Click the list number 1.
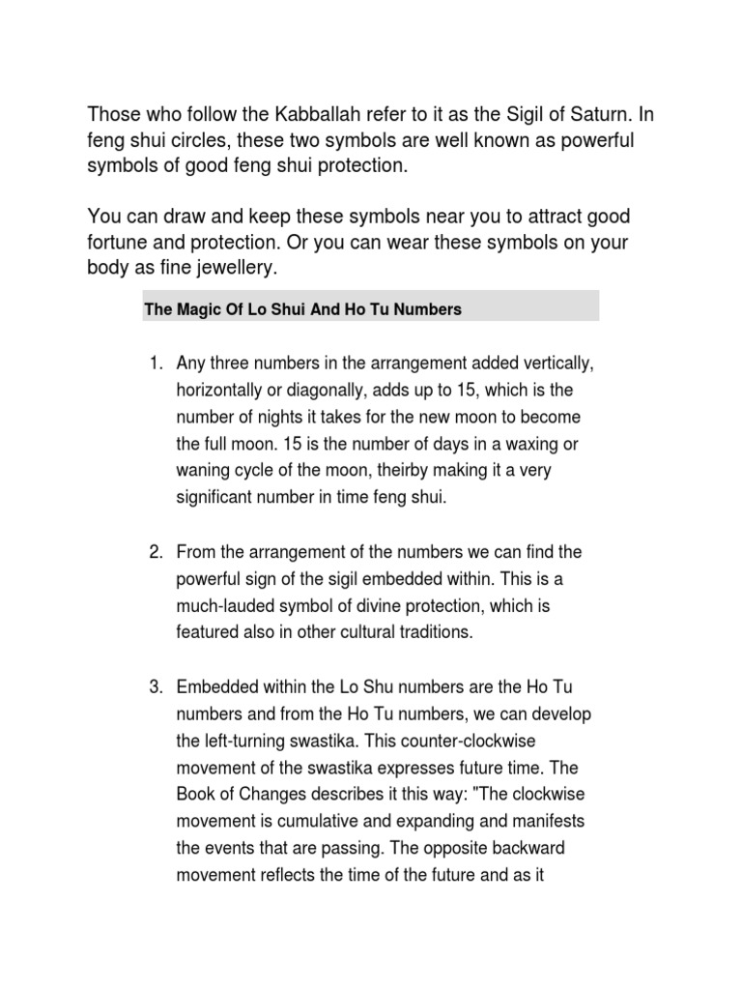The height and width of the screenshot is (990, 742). [x=154, y=364]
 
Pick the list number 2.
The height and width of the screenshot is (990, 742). [x=154, y=552]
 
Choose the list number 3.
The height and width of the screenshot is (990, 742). [x=154, y=687]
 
